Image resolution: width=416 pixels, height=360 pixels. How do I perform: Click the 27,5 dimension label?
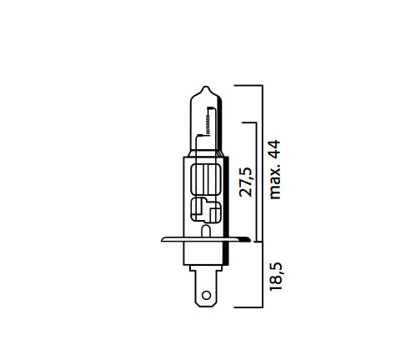pos(246,181)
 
